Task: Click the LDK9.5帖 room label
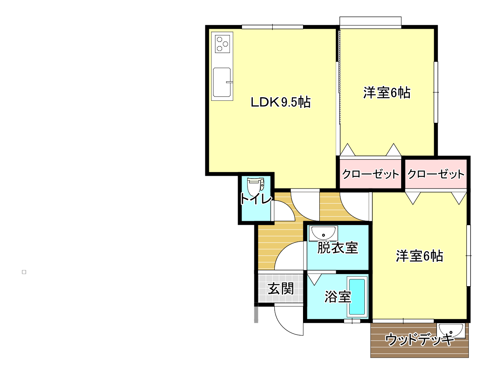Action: (280, 102)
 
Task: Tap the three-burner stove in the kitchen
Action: (222, 44)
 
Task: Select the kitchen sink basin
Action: (222, 82)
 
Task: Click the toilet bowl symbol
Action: (256, 187)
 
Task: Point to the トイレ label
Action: (256, 199)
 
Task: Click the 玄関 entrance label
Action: (281, 289)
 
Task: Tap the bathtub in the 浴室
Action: (357, 297)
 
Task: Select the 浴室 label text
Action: (338, 296)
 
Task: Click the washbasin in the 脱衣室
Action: (323, 233)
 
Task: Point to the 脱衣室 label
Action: (338, 248)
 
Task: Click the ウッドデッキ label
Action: (419, 340)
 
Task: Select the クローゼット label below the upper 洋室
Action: (370, 174)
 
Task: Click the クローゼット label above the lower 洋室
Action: (436, 174)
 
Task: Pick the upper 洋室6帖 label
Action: (387, 92)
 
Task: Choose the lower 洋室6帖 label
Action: (419, 256)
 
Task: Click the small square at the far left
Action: (24, 272)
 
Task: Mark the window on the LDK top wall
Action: (272, 27)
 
